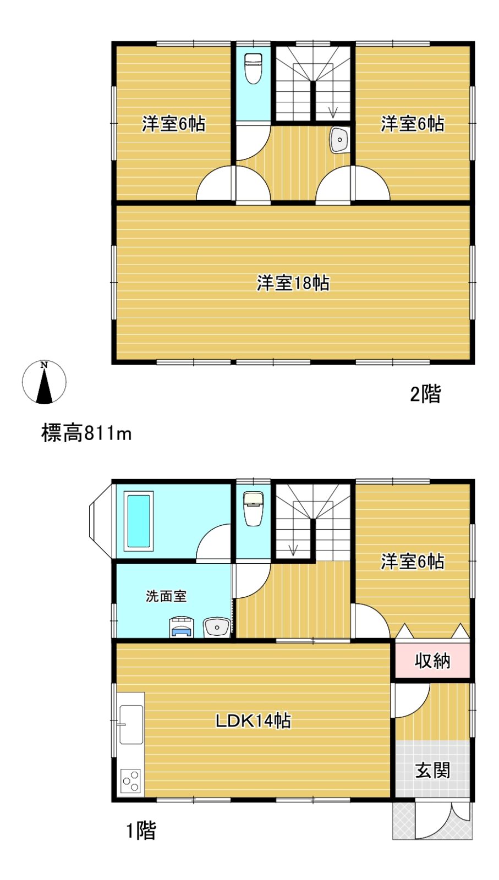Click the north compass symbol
[44, 382]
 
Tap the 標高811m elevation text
[86, 434]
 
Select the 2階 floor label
[425, 394]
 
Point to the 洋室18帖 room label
[293, 283]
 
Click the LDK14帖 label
[254, 721]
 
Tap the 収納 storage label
[432, 662]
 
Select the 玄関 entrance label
[432, 771]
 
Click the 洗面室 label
[166, 596]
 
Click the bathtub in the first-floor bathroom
[138, 521]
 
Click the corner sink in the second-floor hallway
[339, 140]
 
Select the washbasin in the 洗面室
[217, 627]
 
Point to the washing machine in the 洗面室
[182, 626]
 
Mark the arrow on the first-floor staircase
[293, 549]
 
